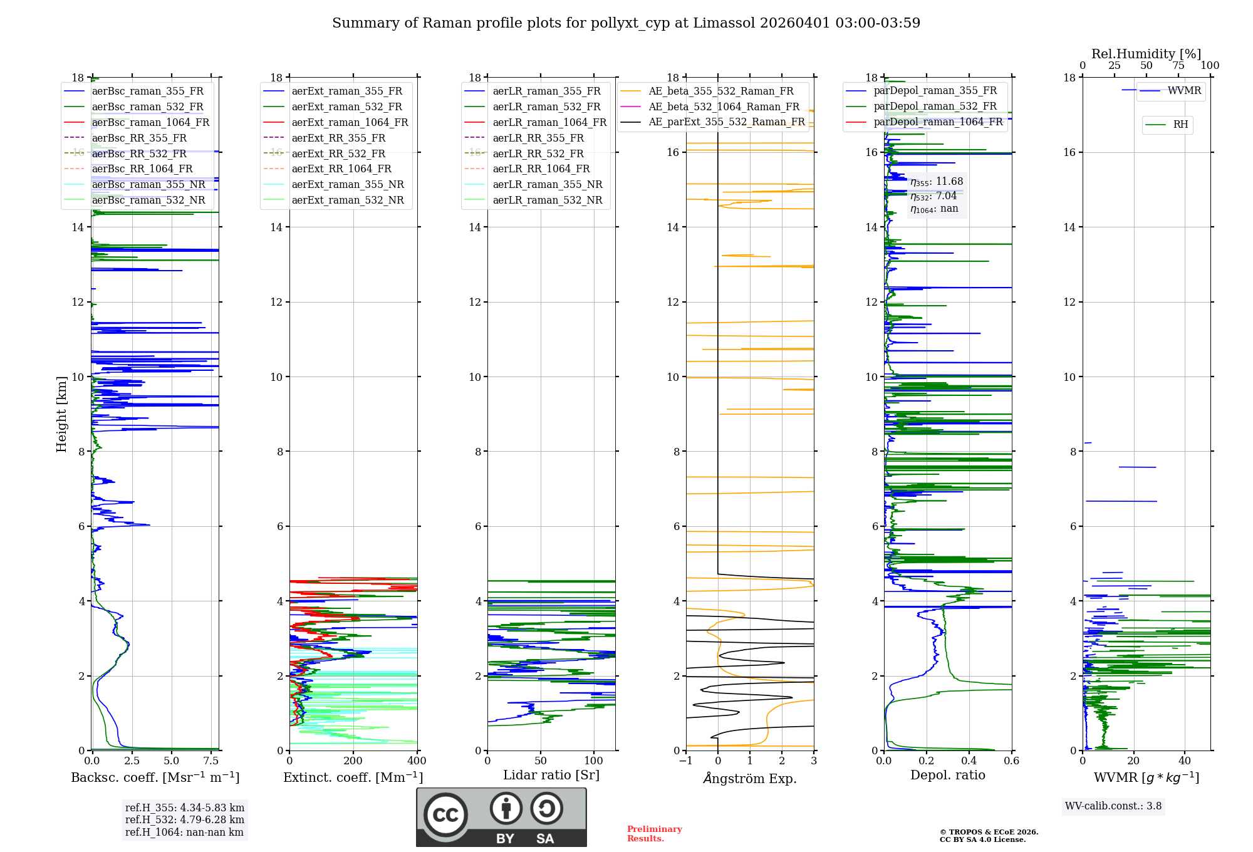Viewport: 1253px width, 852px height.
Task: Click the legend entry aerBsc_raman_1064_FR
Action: [150, 122]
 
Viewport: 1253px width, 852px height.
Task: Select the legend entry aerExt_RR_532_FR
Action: [338, 153]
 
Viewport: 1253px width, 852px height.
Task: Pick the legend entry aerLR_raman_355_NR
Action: [547, 184]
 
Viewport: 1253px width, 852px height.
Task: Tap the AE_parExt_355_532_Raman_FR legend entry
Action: [726, 122]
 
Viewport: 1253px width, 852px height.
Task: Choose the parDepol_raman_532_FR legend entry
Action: [935, 106]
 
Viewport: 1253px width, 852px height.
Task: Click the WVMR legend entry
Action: [1184, 91]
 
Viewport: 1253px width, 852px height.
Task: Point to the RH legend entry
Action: [1180, 125]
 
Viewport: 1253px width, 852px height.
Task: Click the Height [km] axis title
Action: [61, 413]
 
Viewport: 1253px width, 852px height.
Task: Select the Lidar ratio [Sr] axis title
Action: [551, 775]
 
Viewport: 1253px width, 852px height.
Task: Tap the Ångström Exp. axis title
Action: [750, 778]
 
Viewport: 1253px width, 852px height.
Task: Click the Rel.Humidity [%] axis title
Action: [1146, 54]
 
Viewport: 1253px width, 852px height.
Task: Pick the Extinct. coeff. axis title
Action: [353, 777]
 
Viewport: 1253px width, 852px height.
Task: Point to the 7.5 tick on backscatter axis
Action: [211, 761]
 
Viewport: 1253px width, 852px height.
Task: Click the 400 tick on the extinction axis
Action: [417, 761]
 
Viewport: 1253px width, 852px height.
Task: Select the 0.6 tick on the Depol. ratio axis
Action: [1011, 761]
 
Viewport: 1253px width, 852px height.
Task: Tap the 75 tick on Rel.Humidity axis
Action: [1178, 66]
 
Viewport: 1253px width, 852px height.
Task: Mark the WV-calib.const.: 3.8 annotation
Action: [1113, 806]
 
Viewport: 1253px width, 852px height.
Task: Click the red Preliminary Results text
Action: [654, 834]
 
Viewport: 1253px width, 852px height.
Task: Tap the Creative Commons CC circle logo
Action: [445, 815]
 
